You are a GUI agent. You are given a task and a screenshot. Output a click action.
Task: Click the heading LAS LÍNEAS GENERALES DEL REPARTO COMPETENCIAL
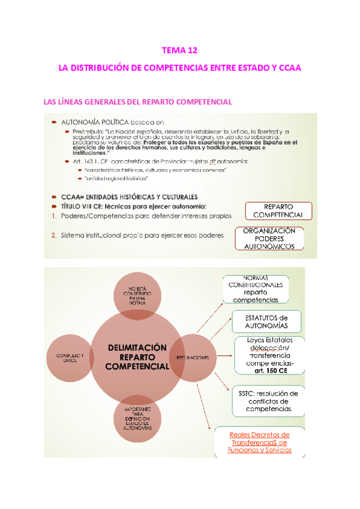click(138, 102)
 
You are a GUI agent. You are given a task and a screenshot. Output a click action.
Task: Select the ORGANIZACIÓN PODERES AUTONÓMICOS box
click(269, 239)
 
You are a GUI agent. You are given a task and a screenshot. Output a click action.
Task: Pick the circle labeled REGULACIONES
click(193, 358)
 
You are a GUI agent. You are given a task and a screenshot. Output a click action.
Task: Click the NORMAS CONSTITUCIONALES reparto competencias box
click(256, 289)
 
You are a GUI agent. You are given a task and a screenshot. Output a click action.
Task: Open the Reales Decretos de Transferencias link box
click(260, 442)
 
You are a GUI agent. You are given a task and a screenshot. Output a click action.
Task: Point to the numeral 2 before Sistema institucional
click(53, 235)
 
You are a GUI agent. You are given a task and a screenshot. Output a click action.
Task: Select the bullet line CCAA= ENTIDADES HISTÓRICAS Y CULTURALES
click(129, 196)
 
